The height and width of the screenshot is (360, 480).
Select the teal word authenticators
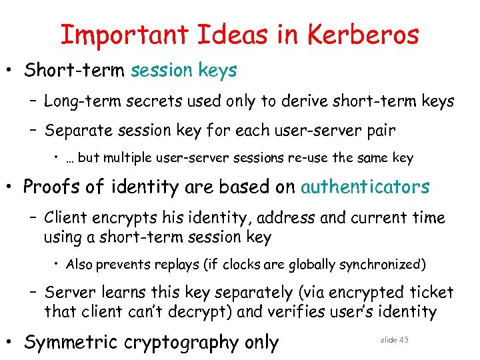tap(365, 187)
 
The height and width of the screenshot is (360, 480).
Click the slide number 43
tap(403, 340)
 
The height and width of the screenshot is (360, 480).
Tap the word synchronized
tap(381, 265)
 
